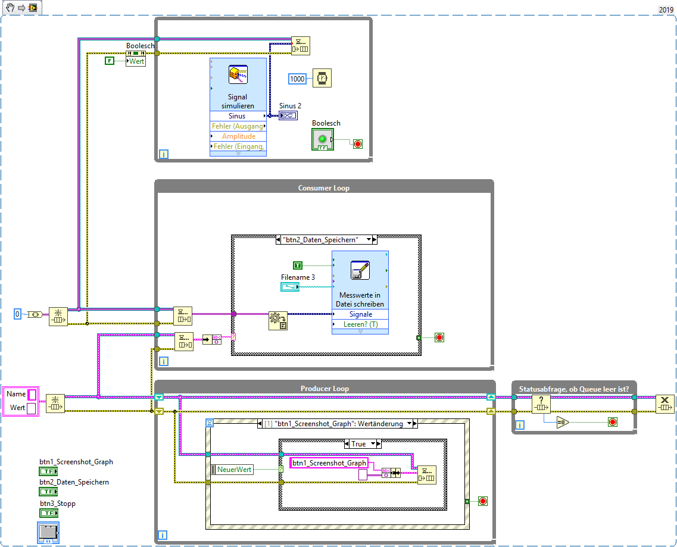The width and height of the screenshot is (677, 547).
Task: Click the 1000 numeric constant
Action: tap(297, 79)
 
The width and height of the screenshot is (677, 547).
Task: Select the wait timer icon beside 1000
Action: tap(322, 78)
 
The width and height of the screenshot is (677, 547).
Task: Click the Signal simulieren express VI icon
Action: tap(238, 75)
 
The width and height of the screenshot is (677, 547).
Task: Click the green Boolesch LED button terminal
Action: tap(322, 139)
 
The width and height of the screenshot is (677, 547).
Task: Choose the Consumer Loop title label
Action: tap(323, 188)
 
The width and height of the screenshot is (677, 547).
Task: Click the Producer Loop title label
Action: tap(325, 389)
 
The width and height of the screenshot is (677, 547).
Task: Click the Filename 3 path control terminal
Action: tap(294, 287)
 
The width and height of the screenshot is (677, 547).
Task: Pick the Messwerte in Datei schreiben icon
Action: tap(360, 271)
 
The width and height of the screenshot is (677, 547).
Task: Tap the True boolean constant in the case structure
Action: tap(298, 265)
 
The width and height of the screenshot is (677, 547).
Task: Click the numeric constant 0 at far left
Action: tap(18, 314)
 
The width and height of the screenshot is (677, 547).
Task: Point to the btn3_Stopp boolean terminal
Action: tap(48, 512)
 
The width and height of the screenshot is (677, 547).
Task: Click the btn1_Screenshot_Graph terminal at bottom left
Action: tap(48, 471)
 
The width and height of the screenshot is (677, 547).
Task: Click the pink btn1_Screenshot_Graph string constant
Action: tap(329, 463)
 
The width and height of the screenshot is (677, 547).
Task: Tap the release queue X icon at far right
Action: tap(664, 404)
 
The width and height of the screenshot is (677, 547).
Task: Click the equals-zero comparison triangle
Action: tap(563, 422)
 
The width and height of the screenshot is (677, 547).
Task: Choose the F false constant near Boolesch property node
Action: tap(110, 61)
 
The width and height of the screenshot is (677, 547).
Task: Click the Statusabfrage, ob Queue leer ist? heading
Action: tap(574, 389)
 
